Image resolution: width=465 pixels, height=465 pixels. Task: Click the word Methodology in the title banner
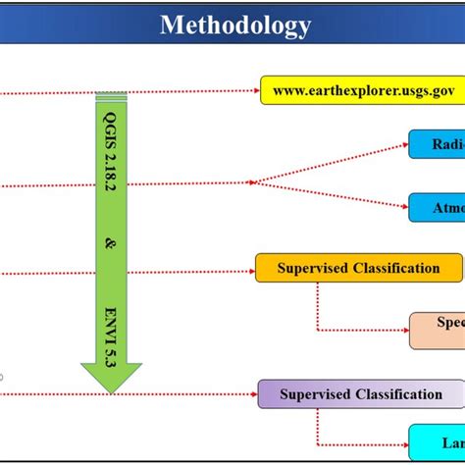tap(235, 25)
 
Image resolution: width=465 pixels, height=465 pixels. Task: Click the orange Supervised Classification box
tap(358, 268)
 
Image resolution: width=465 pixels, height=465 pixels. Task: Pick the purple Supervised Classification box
tap(360, 394)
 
